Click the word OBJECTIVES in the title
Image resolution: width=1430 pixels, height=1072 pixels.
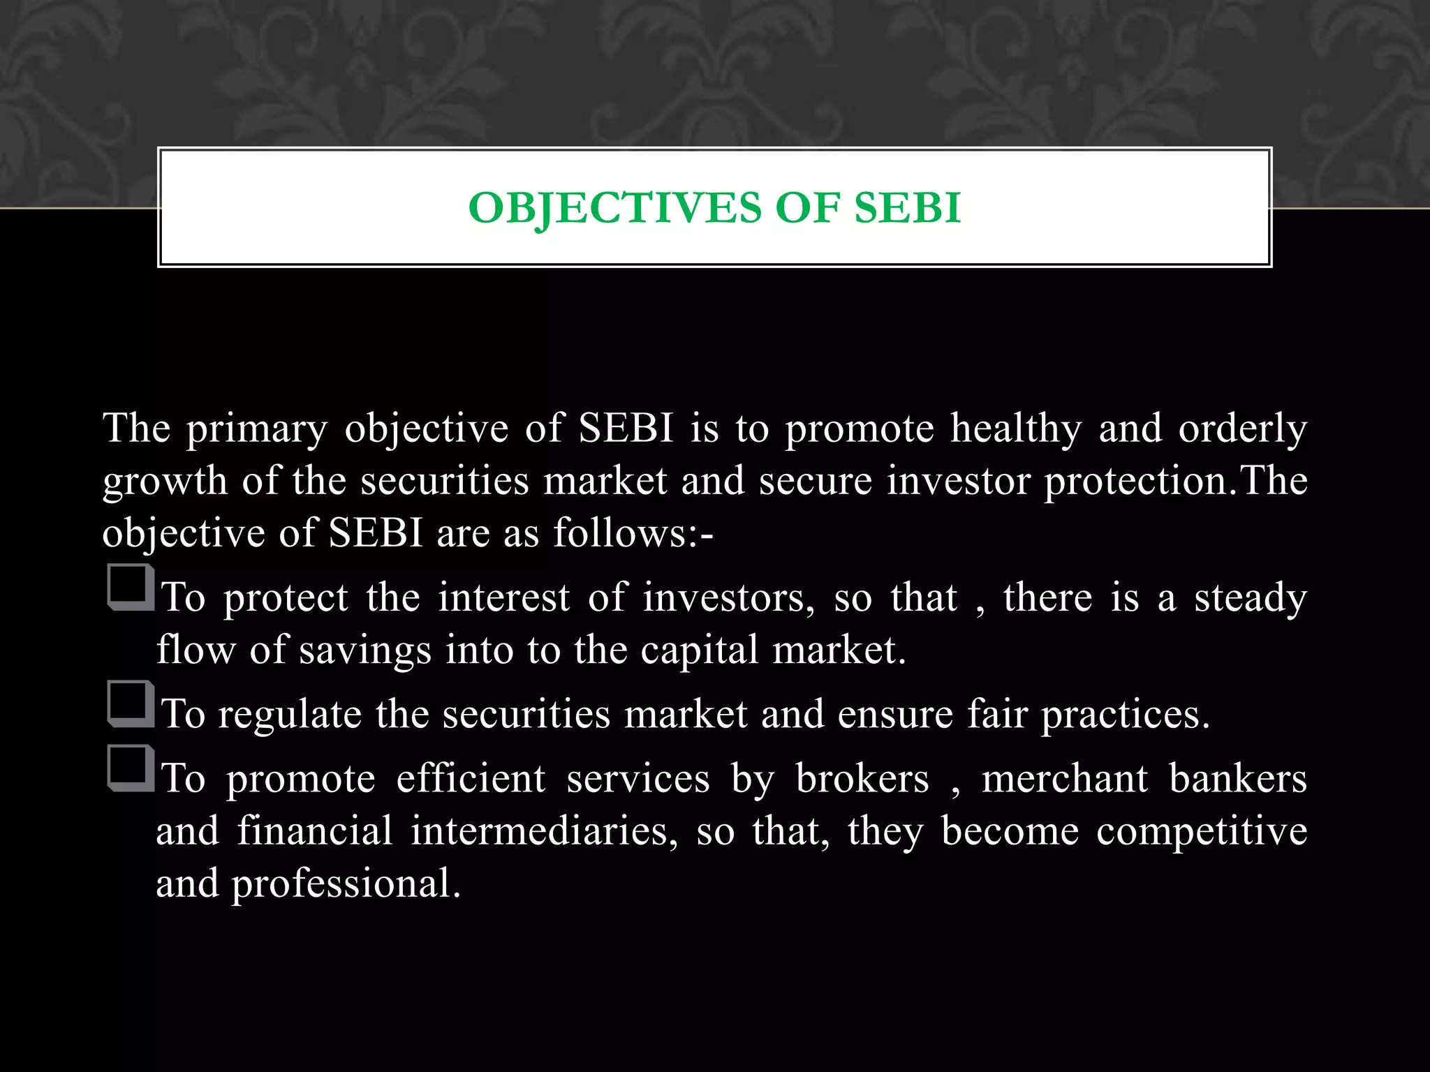coord(614,208)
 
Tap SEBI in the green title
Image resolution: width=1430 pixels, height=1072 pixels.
coord(908,208)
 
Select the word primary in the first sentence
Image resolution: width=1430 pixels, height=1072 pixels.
coord(256,429)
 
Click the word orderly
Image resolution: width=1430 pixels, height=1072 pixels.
coord(1242,429)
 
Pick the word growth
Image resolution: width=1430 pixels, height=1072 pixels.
coord(165,482)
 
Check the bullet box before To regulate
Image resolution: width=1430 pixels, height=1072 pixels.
coord(130,703)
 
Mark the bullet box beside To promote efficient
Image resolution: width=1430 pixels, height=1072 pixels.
coord(130,768)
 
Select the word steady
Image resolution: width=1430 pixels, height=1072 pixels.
coord(1250,599)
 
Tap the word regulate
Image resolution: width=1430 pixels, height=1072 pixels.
coord(290,715)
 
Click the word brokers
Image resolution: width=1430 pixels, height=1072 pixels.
coord(862,780)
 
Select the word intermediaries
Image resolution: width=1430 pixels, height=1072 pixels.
coord(543,832)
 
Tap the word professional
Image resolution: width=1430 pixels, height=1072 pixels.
coord(346,884)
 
